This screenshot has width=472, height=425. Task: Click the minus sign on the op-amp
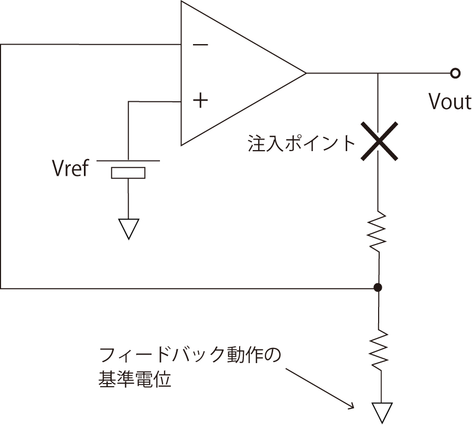200,45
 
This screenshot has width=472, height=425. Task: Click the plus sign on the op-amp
200,100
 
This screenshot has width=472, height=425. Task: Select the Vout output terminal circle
455,73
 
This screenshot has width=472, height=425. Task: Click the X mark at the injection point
378,141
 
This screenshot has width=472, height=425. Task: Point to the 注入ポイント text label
301,143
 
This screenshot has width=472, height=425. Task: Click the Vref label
70,169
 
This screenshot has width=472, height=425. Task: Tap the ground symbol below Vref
128,229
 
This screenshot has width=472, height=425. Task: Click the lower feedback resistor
378,349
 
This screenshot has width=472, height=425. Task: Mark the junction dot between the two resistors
378,288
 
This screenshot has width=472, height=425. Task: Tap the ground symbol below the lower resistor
381,412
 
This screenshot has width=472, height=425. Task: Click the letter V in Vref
58,169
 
